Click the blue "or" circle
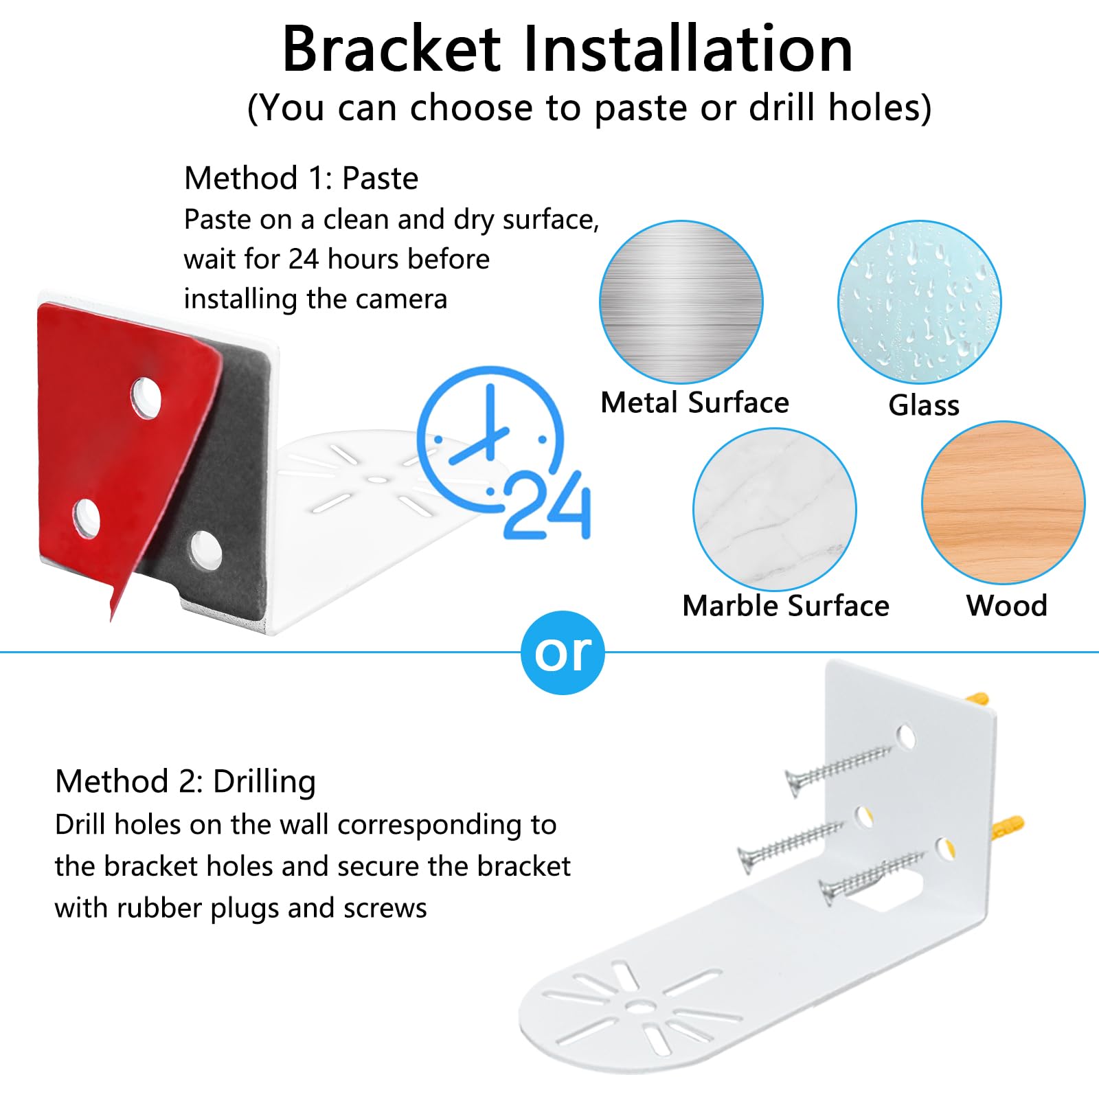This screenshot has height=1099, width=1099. point(563,653)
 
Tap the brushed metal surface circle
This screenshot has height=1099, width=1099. point(681,302)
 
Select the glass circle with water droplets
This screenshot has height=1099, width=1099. point(919,302)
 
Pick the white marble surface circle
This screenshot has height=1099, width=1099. point(774,509)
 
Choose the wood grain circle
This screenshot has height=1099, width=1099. point(1003,503)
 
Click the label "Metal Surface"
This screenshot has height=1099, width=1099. point(694,403)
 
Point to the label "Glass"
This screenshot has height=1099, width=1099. point(924,405)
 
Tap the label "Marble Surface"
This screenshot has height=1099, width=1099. point(785,606)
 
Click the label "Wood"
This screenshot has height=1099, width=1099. point(1006,606)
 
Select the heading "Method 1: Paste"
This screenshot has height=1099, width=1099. point(301,179)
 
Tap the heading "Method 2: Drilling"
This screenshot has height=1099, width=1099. point(185,782)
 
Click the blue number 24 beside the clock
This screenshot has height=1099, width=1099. point(547,505)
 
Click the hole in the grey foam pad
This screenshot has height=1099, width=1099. point(206,549)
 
